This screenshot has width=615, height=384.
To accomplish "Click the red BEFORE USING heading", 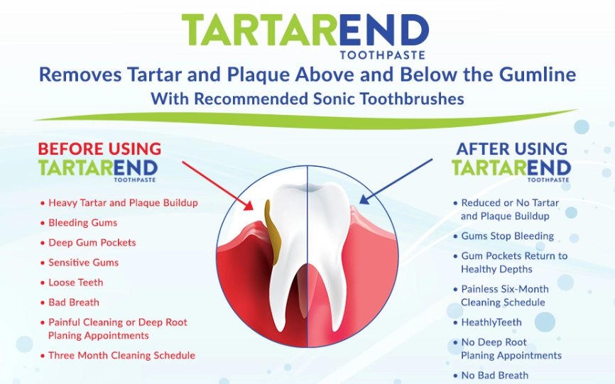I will [x=99, y=149].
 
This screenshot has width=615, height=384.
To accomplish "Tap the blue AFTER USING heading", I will [x=511, y=149].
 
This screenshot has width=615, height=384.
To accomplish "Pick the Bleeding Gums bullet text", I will [x=83, y=223].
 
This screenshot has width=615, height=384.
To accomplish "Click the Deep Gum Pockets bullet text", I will [x=92, y=243].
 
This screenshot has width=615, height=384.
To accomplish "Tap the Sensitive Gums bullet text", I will [x=84, y=263].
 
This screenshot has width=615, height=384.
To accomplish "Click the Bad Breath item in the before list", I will [x=74, y=302].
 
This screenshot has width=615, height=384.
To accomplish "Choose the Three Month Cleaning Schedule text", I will [x=121, y=356].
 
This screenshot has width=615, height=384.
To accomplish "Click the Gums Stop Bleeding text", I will [x=507, y=236].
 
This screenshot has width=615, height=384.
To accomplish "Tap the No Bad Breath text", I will [x=494, y=375].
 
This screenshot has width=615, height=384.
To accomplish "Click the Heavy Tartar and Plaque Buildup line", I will [x=123, y=203].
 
